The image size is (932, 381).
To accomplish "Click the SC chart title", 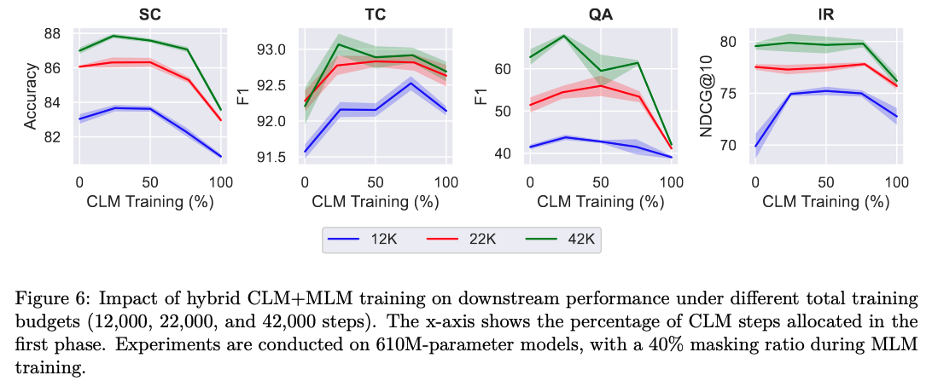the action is pyautogui.click(x=150, y=14).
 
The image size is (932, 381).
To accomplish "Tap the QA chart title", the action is pyautogui.click(x=600, y=14).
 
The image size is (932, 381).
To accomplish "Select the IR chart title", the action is pyautogui.click(x=825, y=14).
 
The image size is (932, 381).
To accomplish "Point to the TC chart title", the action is pyautogui.click(x=375, y=14).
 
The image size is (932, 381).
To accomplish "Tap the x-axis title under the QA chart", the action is pyautogui.click(x=600, y=201).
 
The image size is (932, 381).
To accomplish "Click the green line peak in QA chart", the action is pyautogui.click(x=564, y=36).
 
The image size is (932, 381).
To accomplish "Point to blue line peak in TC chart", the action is pyautogui.click(x=411, y=83).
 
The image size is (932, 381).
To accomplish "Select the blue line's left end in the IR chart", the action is pyautogui.click(x=754, y=146).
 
